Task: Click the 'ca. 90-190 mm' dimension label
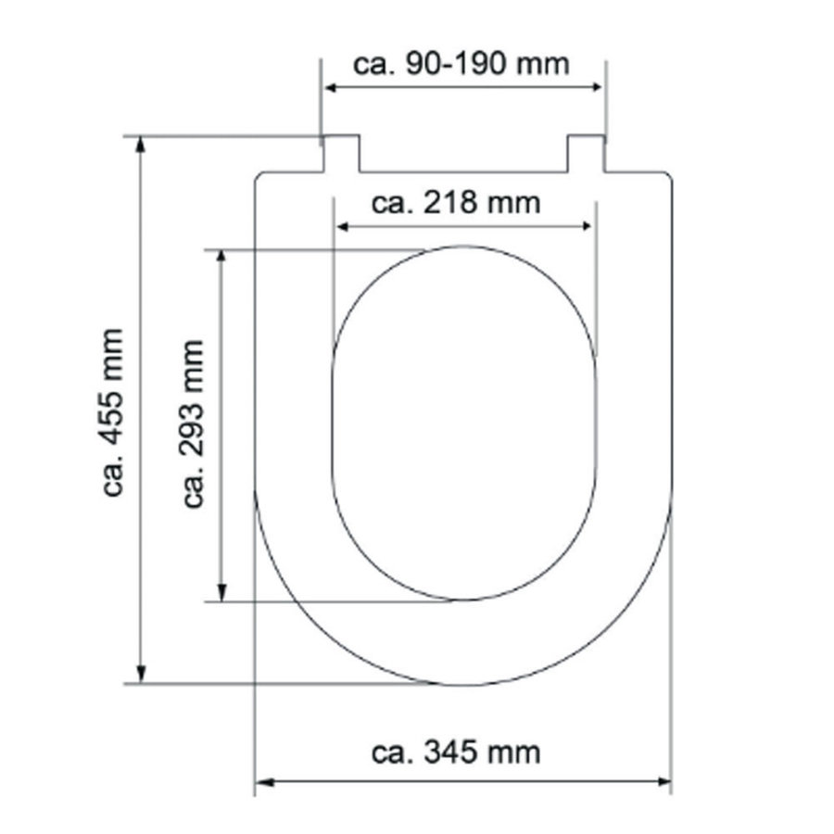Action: pyautogui.click(x=461, y=65)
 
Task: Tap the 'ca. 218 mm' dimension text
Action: pyautogui.click(x=455, y=202)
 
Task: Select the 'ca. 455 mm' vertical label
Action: pyautogui.click(x=114, y=411)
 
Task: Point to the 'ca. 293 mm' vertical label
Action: pyautogui.click(x=193, y=423)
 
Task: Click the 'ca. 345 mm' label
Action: pyautogui.click(x=455, y=752)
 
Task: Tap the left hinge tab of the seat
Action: pyautogui.click(x=341, y=153)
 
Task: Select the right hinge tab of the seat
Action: pyautogui.click(x=586, y=153)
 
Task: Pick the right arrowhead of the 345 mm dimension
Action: pyautogui.click(x=663, y=782)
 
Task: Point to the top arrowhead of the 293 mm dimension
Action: pyautogui.click(x=221, y=257)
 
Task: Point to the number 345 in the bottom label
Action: pyautogui.click(x=455, y=752)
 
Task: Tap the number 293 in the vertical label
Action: pyautogui.click(x=193, y=437)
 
